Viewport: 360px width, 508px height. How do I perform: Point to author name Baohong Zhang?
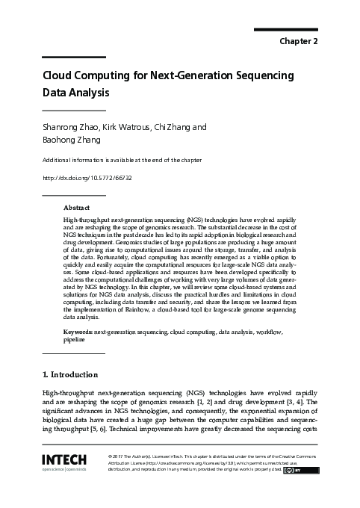click(x=72, y=140)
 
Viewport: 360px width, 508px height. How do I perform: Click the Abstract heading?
click(x=77, y=207)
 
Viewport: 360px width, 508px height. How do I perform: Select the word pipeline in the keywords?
click(x=75, y=338)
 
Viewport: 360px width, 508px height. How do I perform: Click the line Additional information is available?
click(x=121, y=161)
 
